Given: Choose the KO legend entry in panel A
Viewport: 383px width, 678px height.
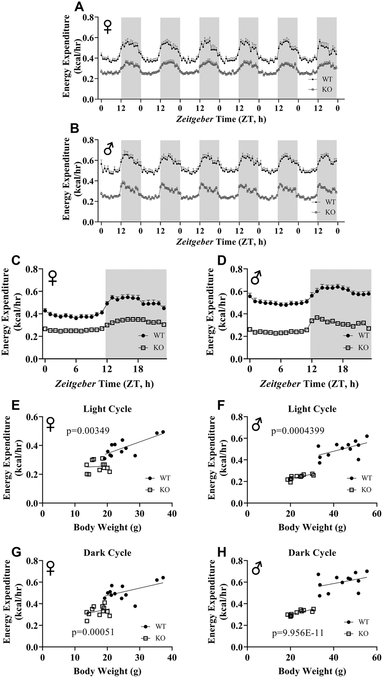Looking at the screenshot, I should [325, 89].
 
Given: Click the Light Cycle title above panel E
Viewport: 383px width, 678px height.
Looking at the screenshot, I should [108, 409].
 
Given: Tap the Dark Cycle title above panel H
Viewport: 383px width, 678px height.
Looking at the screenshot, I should [312, 553].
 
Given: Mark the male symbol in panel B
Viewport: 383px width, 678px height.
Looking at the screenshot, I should [108, 150].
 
